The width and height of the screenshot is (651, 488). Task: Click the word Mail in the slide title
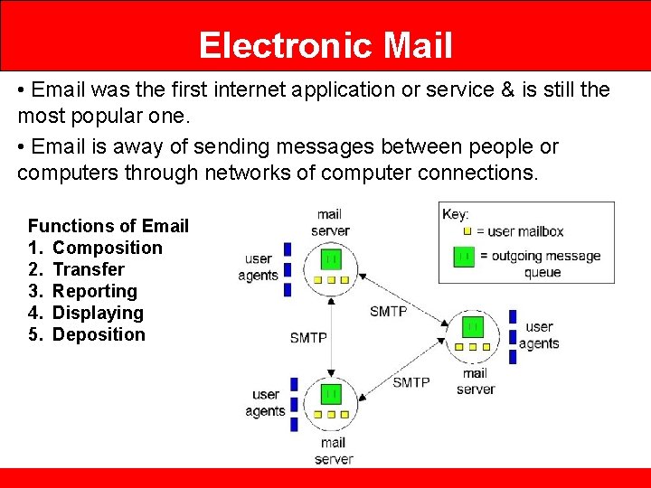coord(415,45)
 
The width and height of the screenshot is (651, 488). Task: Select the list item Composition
coord(108,248)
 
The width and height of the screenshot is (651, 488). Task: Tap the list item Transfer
coord(89,269)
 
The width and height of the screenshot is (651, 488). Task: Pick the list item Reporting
coord(95,291)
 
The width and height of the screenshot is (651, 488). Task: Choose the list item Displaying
coord(98,313)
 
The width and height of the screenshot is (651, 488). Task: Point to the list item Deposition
coord(99,334)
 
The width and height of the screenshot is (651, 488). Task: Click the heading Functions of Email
coord(108,226)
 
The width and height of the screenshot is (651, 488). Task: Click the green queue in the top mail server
coord(332,259)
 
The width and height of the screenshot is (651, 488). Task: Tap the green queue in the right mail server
coord(473,326)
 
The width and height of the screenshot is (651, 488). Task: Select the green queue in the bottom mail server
coord(331,393)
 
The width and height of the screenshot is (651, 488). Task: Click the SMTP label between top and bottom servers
coord(308,338)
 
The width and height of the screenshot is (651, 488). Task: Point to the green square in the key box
coord(464,257)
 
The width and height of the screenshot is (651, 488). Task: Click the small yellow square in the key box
coord(467,231)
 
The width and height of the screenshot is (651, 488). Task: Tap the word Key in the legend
coord(455,214)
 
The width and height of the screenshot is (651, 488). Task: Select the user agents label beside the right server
coord(539,335)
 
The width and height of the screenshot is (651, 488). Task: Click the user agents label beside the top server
coord(259,267)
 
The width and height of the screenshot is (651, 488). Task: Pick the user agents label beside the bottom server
coord(266,403)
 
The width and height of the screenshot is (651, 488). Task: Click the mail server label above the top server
coord(330,222)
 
